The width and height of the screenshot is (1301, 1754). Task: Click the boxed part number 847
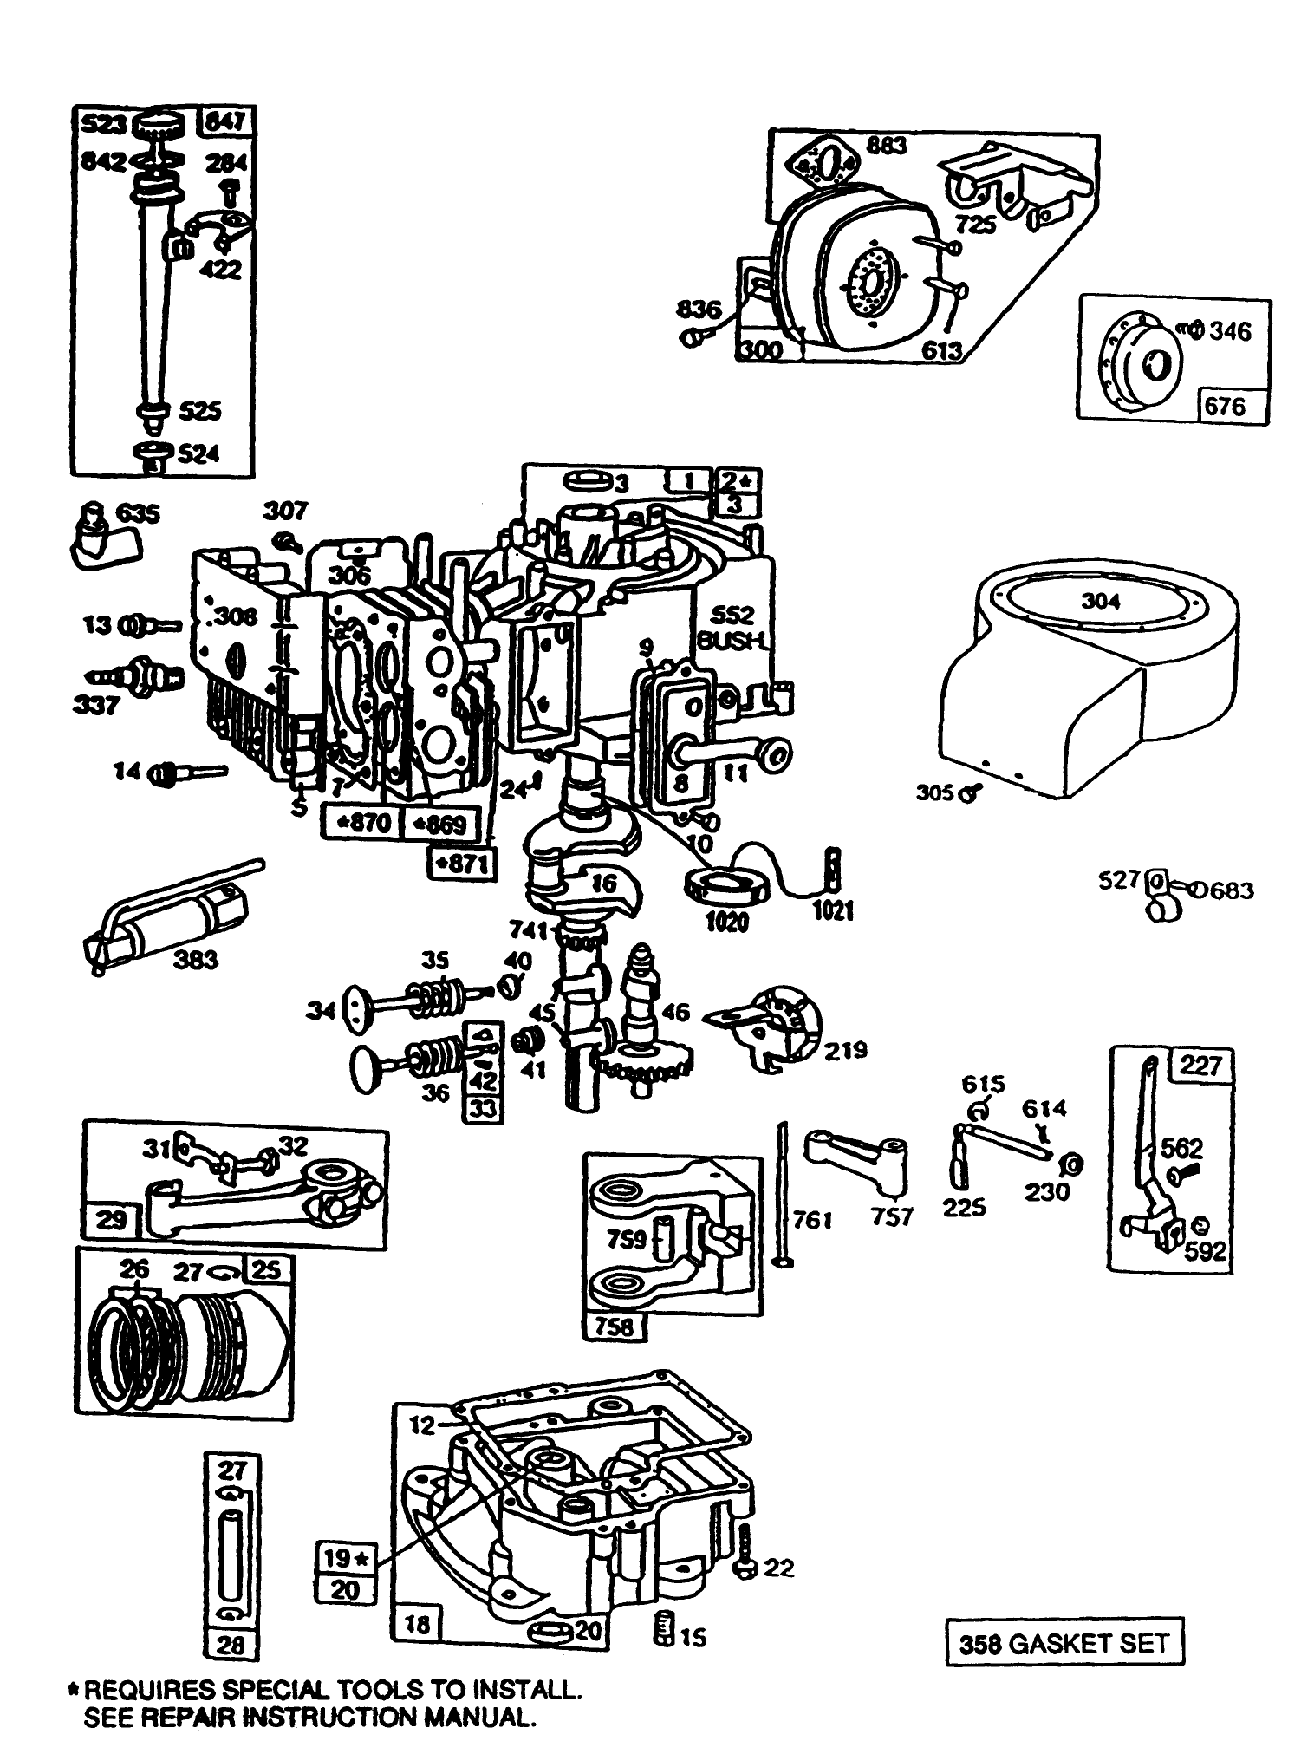[226, 123]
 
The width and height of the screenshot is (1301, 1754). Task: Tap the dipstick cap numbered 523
[157, 124]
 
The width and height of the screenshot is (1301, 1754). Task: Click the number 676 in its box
[1225, 407]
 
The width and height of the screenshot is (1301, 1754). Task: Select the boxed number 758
[615, 1326]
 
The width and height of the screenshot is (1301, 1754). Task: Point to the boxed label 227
[1200, 1066]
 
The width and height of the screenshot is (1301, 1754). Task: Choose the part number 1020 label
[726, 921]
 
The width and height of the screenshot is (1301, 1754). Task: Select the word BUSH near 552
[732, 640]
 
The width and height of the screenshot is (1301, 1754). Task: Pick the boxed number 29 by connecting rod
[111, 1220]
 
